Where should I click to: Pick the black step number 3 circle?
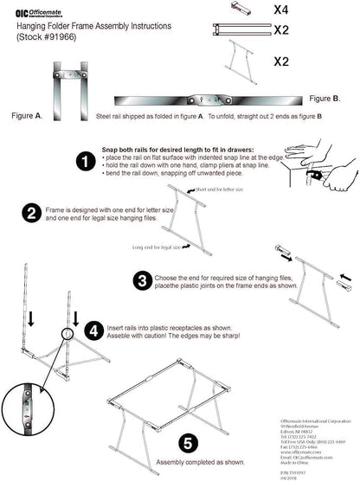click(x=142, y=279)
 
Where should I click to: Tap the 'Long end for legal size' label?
click(x=157, y=247)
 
